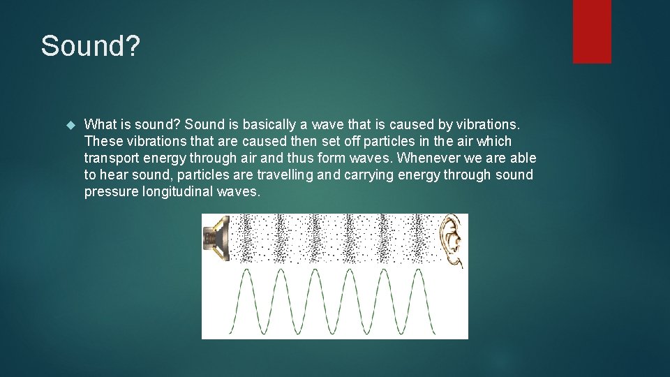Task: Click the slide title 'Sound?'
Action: coord(91,47)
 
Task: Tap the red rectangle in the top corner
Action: coord(592,31)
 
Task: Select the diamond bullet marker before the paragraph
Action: coord(69,125)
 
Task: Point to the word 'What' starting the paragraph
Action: coord(100,124)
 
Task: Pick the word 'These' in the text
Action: coord(103,141)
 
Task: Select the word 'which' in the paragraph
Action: coord(493,141)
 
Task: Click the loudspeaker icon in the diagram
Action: coord(216,239)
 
